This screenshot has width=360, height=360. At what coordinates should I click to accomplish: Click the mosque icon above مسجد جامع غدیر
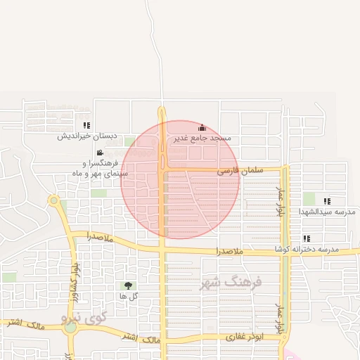(x=202, y=127)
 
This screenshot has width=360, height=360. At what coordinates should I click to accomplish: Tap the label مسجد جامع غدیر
(x=202, y=139)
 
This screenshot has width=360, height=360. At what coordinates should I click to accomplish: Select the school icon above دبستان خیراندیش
(x=86, y=125)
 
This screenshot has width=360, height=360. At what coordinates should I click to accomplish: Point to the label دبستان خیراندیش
(x=86, y=136)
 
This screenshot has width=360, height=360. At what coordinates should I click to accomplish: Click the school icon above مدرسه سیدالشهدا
(x=327, y=201)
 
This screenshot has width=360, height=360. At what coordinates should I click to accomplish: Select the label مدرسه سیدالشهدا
(x=327, y=212)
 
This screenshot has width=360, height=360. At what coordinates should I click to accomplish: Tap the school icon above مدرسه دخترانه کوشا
(x=307, y=238)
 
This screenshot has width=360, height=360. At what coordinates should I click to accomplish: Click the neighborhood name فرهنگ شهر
(x=231, y=283)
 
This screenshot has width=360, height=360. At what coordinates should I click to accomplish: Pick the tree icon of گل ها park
(x=128, y=285)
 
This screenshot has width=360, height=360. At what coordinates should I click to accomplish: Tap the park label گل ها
(x=128, y=296)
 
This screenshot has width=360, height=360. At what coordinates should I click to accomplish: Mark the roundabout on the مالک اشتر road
(x=70, y=328)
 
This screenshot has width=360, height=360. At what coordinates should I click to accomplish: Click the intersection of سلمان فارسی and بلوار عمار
(x=285, y=169)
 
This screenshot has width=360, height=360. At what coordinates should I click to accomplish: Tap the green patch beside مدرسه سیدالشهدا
(x=309, y=199)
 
